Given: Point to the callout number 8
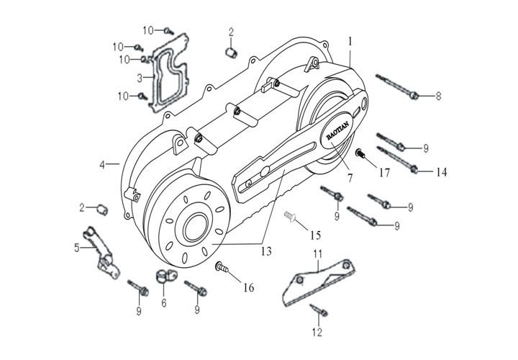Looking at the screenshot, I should coord(438,95).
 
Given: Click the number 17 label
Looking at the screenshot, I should coord(386,172).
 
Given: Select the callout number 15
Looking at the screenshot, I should coord(314,235).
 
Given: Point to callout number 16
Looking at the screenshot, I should coord(248,287).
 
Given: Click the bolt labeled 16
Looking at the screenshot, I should coord(222,269).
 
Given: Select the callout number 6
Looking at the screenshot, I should coord(163,303).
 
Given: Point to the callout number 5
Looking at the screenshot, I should coord(76,248).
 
